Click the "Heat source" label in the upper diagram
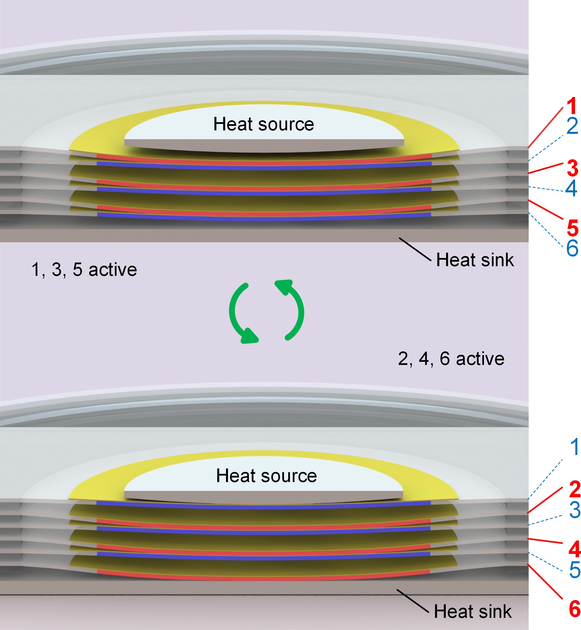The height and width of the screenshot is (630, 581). point(263,124)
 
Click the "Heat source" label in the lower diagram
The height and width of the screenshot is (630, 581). point(266,475)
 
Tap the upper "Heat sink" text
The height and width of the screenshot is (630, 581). point(475,260)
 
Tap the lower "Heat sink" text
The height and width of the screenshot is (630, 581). point(473,611)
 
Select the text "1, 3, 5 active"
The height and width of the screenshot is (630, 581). point(84,269)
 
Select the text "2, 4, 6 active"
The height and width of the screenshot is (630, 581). point(451,358)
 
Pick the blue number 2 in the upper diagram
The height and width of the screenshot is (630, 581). point(572,126)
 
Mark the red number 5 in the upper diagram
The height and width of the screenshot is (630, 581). point(573,228)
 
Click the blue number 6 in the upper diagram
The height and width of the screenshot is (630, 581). point(572,248)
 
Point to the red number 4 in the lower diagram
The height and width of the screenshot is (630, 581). point(575,549)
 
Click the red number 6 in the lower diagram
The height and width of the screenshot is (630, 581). point(575,609)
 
